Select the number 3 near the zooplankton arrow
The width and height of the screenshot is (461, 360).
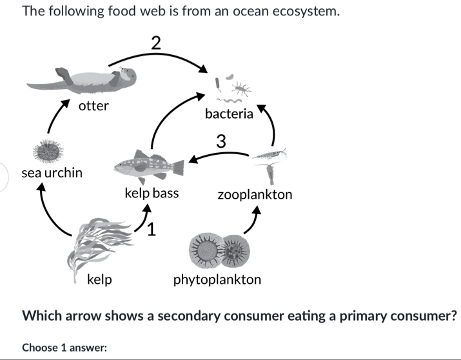pos(221,141)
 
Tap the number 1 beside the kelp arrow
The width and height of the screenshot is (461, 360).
pos(152,229)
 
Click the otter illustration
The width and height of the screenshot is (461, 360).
pos(84,79)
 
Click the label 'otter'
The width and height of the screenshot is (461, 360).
pos(93,106)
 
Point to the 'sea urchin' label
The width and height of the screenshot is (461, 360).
pos(52,173)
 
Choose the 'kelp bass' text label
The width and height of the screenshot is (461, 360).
pos(152,193)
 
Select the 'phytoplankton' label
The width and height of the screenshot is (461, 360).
pos(217,279)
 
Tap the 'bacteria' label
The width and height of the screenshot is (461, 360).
pos(229,114)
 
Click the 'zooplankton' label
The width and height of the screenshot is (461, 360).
pos(255,194)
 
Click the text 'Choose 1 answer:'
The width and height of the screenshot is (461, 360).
pos(64,347)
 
